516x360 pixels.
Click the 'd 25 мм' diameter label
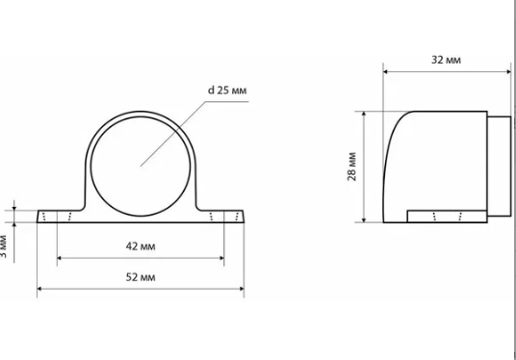[227, 90]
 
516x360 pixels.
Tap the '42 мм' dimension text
[141, 246]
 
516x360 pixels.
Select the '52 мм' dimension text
[141, 277]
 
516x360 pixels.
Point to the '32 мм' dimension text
[446, 60]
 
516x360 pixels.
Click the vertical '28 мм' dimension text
[351, 167]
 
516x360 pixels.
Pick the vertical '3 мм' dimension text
[3, 246]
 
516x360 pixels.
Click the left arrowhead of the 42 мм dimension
[60, 258]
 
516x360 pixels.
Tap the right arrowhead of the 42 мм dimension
[221, 258]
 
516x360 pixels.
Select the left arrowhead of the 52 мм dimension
[39, 289]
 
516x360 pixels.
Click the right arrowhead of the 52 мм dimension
[242, 289]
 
